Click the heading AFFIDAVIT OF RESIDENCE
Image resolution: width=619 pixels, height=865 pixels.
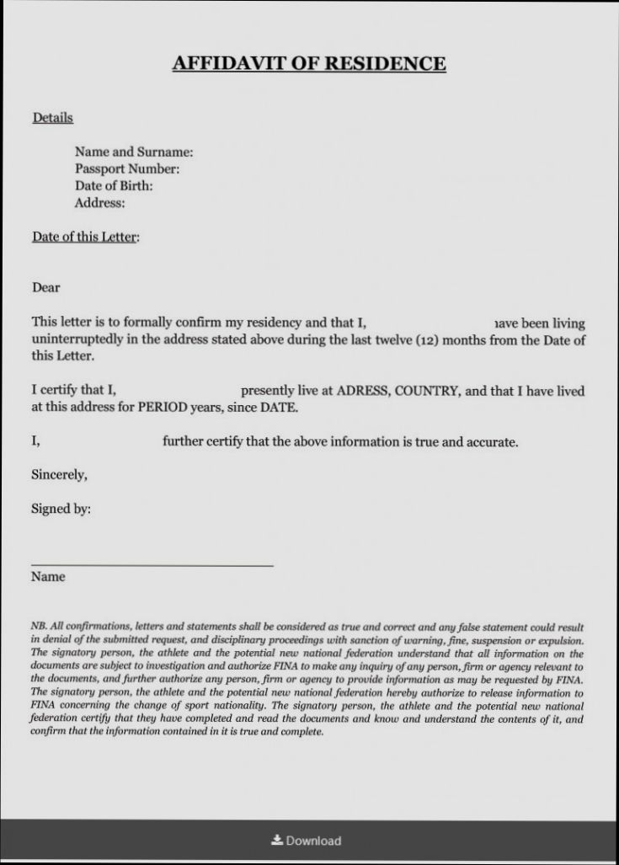(309, 64)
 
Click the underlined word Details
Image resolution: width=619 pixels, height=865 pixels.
(52, 118)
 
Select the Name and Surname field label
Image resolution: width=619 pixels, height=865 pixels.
(134, 152)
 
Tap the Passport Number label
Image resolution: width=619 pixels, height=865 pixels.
(127, 169)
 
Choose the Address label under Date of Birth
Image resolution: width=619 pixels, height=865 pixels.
(99, 203)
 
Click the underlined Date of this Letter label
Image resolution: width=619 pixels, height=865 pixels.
(85, 237)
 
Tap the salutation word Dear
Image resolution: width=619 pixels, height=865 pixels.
(45, 288)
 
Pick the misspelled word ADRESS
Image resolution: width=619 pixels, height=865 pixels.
(362, 391)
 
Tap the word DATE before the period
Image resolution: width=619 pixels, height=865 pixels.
(276, 408)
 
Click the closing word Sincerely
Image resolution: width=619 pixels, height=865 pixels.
(59, 475)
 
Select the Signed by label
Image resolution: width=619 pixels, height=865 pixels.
(61, 509)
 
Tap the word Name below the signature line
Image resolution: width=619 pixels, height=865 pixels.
(48, 578)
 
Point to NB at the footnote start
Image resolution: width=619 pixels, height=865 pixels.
(38, 627)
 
